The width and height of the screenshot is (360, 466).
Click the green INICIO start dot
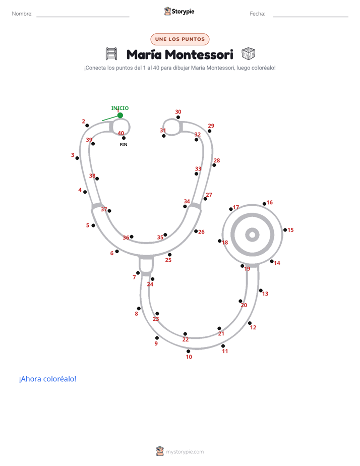120,115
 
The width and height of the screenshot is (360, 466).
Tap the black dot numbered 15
285,230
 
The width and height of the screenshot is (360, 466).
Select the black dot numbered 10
188,352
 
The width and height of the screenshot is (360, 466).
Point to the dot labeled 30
178,117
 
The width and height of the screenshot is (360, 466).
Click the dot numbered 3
77,158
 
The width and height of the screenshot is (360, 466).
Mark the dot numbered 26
196,231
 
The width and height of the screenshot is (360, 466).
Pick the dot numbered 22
185,334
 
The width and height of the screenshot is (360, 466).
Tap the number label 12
253,327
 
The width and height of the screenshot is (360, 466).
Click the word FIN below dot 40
124,144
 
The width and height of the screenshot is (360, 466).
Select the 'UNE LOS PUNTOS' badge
180,39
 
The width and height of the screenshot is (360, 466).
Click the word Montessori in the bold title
199,54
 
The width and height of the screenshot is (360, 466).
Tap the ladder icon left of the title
111,54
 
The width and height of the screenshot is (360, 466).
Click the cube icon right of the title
248,54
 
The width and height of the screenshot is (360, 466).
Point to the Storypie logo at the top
179,11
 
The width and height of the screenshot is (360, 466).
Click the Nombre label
22,14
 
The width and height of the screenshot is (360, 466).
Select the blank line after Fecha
311,17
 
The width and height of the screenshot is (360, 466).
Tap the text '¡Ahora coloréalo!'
48,379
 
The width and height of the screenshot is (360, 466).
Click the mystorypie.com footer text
185,452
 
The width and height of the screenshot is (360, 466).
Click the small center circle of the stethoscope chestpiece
253,235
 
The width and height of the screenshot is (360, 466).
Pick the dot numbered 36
132,237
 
